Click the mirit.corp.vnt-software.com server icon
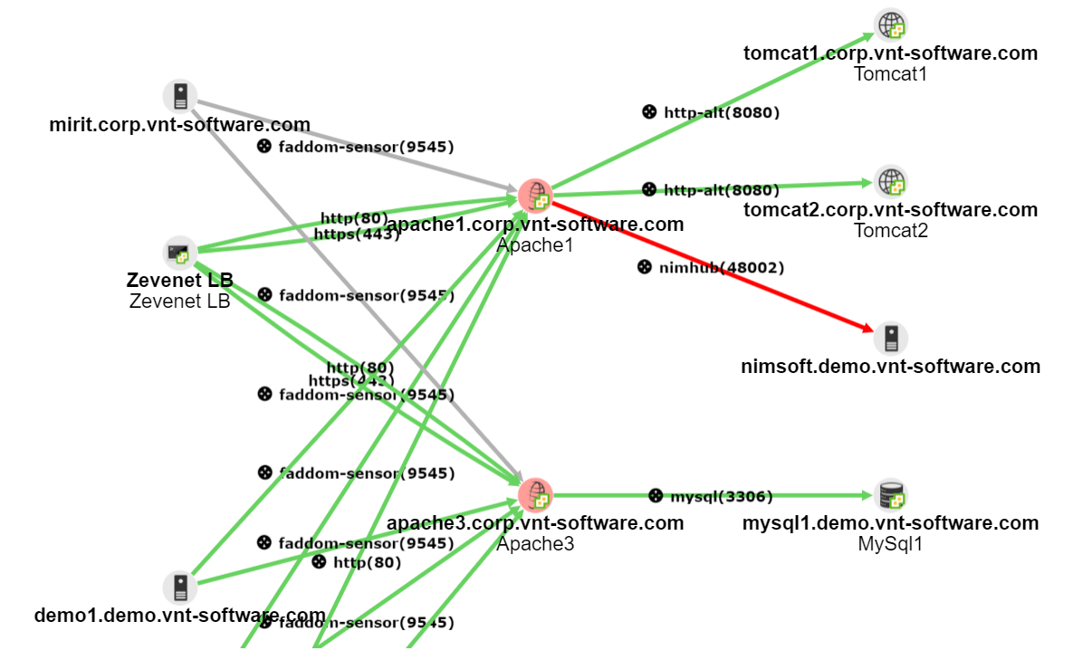point(180,96)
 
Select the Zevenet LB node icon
point(180,253)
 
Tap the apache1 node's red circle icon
point(535,195)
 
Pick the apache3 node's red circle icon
point(535,495)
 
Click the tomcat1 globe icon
point(891,25)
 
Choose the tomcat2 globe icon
point(891,182)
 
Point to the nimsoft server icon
point(891,339)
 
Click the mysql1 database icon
point(891,495)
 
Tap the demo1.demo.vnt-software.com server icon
point(180,587)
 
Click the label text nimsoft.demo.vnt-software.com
point(890,367)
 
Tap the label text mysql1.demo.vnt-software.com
point(890,523)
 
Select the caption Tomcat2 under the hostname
point(890,231)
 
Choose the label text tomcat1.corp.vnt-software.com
point(890,53)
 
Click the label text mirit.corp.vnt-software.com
point(179,125)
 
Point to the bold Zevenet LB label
point(179,281)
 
